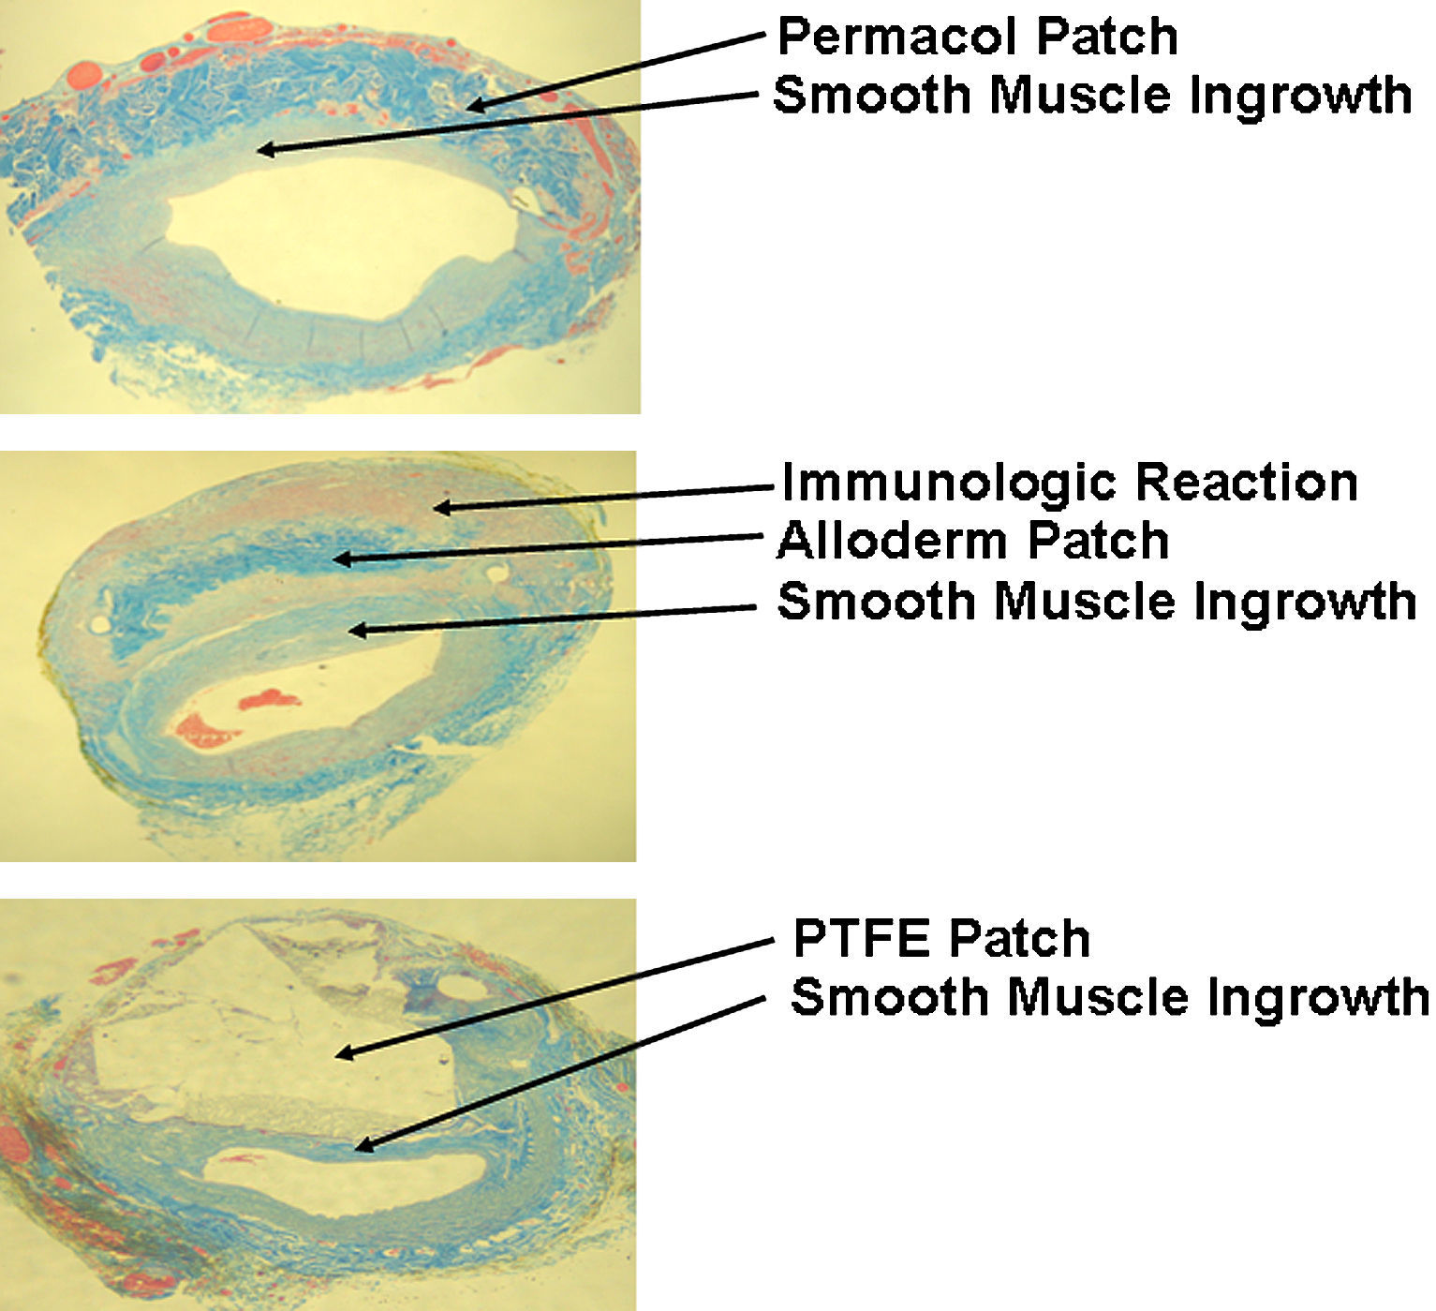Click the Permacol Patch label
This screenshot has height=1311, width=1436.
977,37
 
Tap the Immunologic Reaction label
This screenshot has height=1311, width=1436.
1069,484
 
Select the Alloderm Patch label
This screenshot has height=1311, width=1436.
973,542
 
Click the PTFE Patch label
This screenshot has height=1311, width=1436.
941,939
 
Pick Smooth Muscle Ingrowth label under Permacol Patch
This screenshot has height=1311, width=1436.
1092,96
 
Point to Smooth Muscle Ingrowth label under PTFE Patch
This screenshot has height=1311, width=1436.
1110,997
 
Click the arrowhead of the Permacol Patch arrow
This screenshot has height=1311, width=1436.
473,106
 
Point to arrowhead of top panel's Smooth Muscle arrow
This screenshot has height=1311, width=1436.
264,149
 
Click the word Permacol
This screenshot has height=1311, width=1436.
899,37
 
